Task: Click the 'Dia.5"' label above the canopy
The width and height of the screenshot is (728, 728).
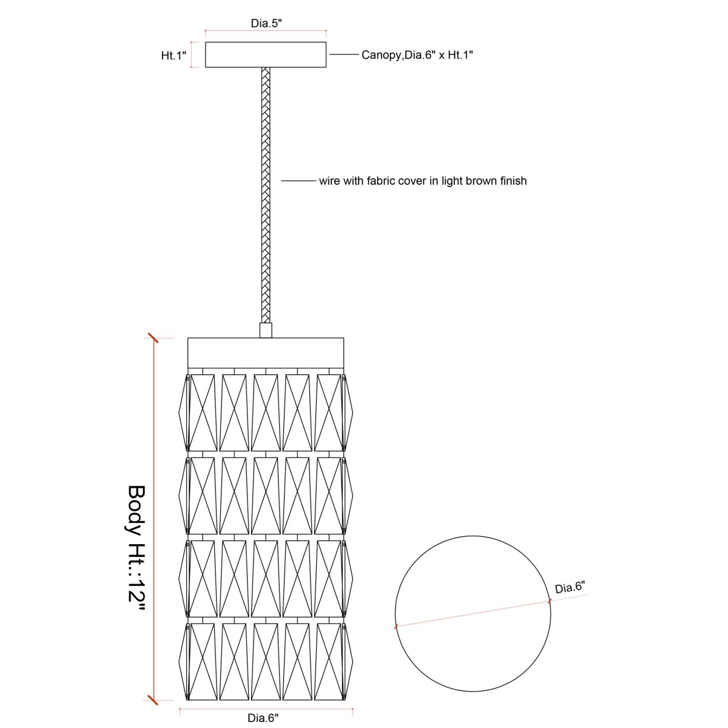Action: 266,23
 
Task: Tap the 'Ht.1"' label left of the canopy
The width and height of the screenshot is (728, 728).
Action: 174,56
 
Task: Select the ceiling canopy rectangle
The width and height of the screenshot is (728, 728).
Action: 266,55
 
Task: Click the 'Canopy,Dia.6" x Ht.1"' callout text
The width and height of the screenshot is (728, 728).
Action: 417,55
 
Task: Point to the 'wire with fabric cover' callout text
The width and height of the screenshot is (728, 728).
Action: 423,181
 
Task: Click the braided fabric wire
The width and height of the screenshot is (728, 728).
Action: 266,195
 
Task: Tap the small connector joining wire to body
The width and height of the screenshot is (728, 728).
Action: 266,330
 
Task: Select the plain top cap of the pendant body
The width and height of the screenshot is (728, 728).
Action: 266,353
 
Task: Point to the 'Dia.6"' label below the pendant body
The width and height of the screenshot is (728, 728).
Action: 263,718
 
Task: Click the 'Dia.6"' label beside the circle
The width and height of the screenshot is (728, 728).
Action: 570,588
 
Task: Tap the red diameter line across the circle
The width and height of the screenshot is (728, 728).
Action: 473,613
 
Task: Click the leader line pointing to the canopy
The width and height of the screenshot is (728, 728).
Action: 344,55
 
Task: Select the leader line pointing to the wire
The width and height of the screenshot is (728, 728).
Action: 298,181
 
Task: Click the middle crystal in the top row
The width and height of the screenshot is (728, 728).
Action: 266,413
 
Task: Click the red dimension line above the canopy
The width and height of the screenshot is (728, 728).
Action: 266,30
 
